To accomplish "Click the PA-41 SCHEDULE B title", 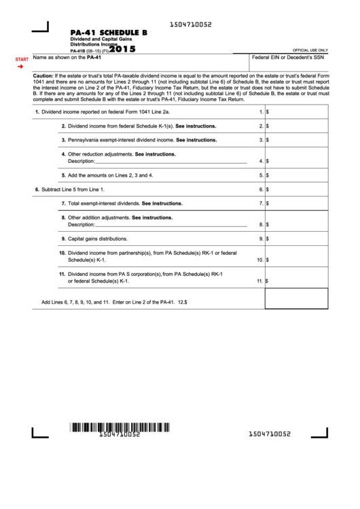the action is (x=109, y=32).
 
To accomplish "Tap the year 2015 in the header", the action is (x=122, y=49).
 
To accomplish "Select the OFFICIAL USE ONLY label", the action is (x=310, y=50).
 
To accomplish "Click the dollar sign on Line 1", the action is (x=267, y=111).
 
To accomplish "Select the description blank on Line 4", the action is (x=170, y=161).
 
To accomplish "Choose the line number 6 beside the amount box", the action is (x=261, y=190).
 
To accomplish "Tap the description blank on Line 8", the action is (x=170, y=224).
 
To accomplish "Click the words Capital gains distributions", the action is (x=98, y=239).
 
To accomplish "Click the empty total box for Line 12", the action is (x=295, y=298).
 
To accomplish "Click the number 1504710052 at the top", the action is (x=191, y=24).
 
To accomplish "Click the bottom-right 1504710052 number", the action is (x=270, y=434).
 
